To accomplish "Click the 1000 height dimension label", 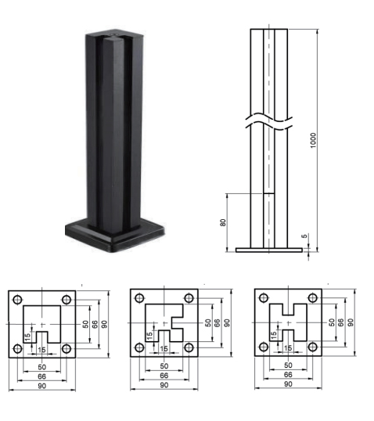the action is click(x=313, y=140).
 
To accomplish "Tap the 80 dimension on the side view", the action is click(x=223, y=222).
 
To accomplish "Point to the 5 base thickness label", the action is click(x=304, y=236).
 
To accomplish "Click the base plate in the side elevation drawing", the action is click(x=269, y=250).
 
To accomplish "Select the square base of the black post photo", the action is click(x=115, y=235).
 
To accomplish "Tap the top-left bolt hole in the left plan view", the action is click(x=18, y=300).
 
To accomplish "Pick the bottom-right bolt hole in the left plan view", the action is click(x=67, y=349).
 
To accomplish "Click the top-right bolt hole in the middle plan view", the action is click(x=189, y=298).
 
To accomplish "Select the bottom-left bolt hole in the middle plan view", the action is click(x=139, y=347).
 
